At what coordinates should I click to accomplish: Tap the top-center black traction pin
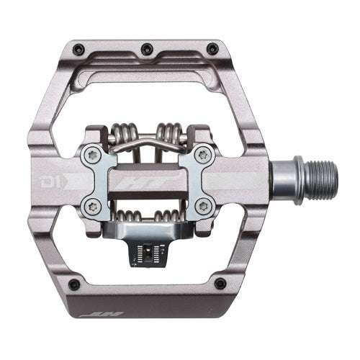(147, 48)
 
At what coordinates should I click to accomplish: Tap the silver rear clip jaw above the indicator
(150, 231)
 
